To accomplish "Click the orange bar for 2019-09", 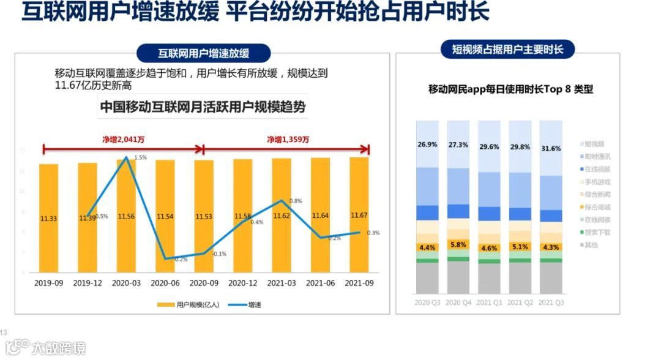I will pyautogui.click(x=48, y=217).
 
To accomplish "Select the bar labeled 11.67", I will pyautogui.click(x=359, y=214).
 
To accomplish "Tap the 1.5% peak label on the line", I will pyautogui.click(x=140, y=158).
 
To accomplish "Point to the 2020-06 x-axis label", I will pyautogui.click(x=165, y=283).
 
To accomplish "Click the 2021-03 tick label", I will pyautogui.click(x=282, y=283).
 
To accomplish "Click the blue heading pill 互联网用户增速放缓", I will pyautogui.click(x=204, y=53).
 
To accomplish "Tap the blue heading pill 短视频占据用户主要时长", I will pyautogui.click(x=507, y=50).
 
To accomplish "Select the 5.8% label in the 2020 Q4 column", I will pyautogui.click(x=458, y=245).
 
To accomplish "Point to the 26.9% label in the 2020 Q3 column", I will pyautogui.click(x=427, y=145).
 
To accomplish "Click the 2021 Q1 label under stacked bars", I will pyautogui.click(x=489, y=302).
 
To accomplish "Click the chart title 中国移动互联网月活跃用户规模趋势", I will pyautogui.click(x=203, y=108).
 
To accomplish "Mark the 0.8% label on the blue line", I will pyautogui.click(x=295, y=201).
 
